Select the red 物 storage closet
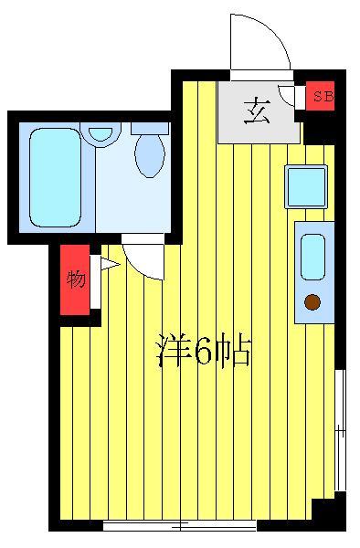pos(76,279)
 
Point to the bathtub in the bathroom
pos(54,176)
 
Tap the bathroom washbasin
pos(101,133)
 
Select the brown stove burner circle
pos(312,302)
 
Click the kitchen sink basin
pos(312,257)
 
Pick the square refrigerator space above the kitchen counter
pos(305,186)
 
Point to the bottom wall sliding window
pos(179,524)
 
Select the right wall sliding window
pos(340,429)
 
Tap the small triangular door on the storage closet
pos(107,266)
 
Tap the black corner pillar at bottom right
pos(328,511)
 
